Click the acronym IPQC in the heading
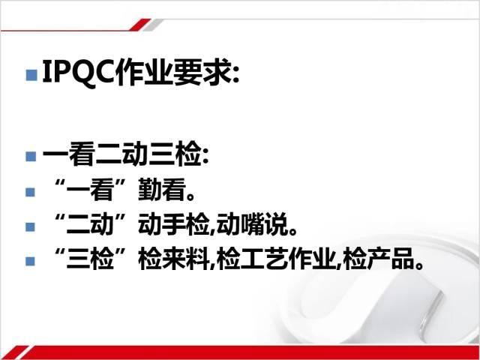coord(78,73)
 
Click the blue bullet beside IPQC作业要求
coord(31,75)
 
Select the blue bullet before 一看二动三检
coord(31,156)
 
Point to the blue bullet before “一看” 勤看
coord(30,192)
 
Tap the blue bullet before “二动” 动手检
coord(30,226)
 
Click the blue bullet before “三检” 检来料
coord(30,262)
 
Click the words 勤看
coord(162,190)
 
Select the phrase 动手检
coord(173,225)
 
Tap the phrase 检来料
coord(173,260)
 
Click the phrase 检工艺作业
coord(274,260)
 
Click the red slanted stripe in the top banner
coord(140,25)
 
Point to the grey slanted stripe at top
coord(153,25)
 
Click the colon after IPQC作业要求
coord(235,76)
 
